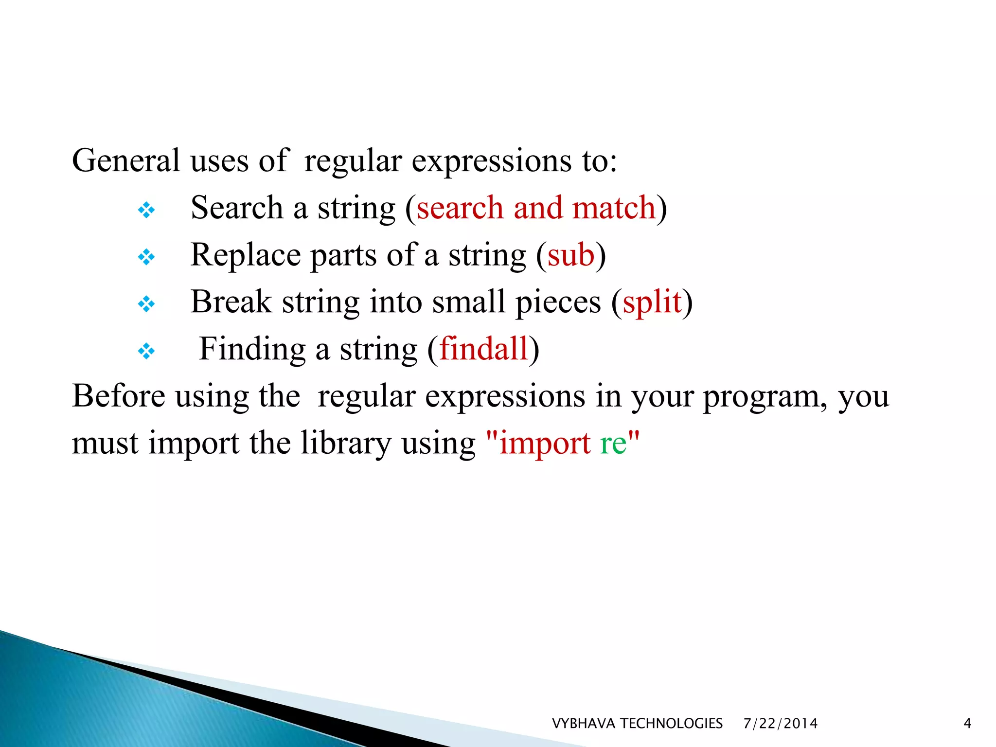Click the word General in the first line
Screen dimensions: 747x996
click(126, 160)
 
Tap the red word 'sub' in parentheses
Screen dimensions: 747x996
click(571, 255)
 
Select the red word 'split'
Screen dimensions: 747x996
click(652, 302)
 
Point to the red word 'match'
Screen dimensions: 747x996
click(614, 208)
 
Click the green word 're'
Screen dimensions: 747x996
click(613, 443)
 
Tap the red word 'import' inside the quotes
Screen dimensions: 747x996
click(545, 444)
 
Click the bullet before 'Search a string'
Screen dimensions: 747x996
click(146, 211)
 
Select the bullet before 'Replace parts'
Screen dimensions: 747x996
click(146, 257)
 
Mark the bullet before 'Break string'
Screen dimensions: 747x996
click(146, 304)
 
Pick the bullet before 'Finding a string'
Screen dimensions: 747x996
click(146, 351)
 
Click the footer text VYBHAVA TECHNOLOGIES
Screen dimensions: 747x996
click(637, 724)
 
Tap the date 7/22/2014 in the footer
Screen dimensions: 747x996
click(781, 724)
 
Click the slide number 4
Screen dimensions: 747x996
click(967, 724)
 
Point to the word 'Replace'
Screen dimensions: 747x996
click(246, 255)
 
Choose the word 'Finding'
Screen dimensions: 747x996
click(252, 349)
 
